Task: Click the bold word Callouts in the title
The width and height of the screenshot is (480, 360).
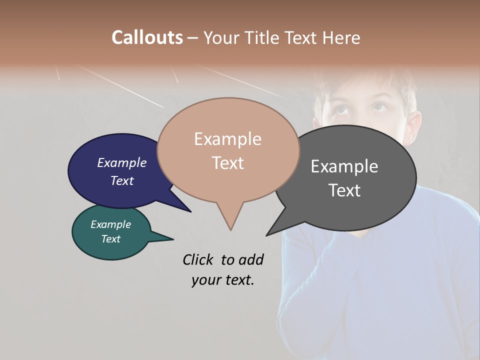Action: (147, 37)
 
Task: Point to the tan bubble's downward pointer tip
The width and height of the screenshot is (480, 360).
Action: (230, 228)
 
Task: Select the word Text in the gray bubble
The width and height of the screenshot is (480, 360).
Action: (344, 190)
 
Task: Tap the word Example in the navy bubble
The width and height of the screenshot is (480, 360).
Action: (122, 162)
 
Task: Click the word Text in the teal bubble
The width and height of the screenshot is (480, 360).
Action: (110, 239)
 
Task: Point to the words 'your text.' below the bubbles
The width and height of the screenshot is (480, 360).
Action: (222, 280)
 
